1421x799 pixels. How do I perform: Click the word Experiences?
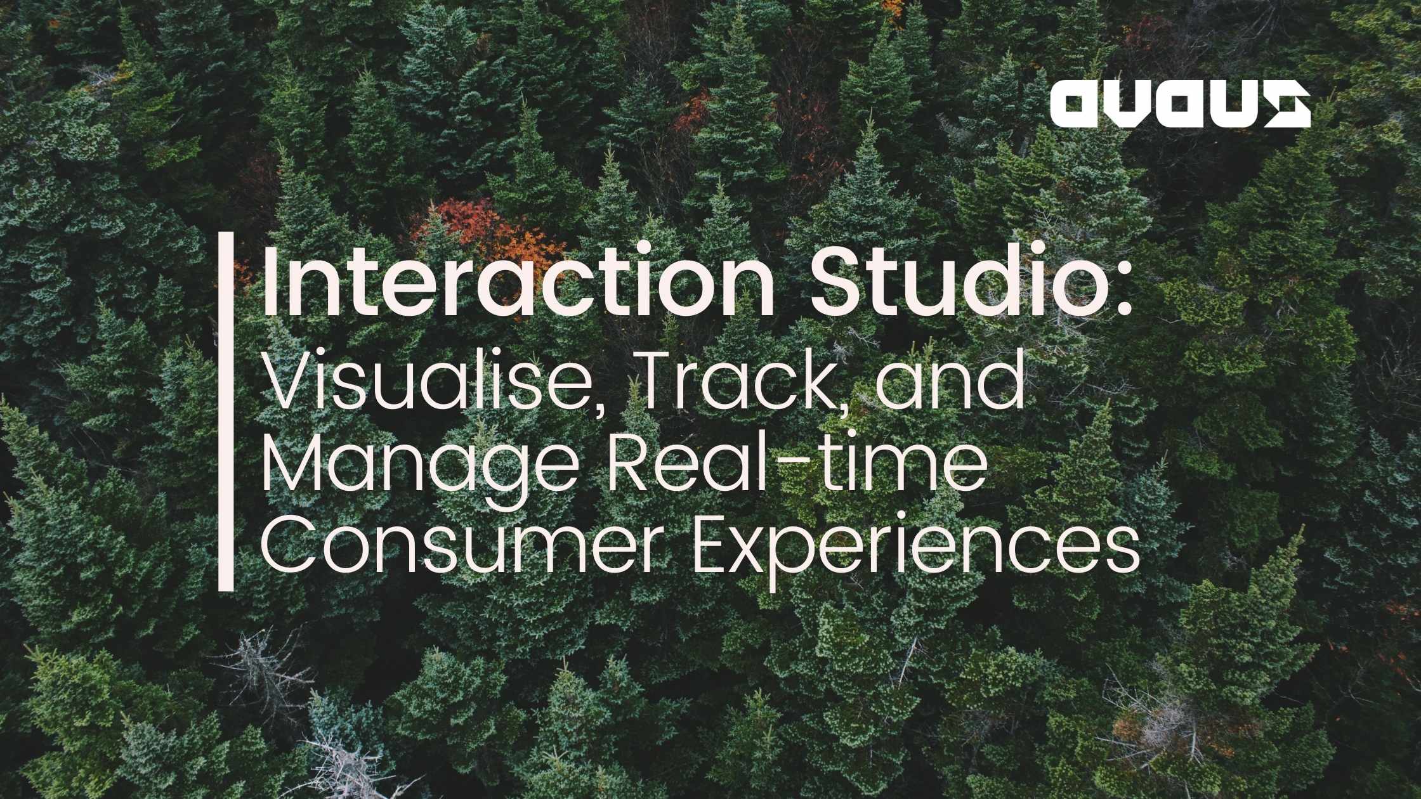[914, 550]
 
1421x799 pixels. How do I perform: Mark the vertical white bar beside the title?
[226, 412]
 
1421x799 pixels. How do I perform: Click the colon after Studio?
[1123, 293]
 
